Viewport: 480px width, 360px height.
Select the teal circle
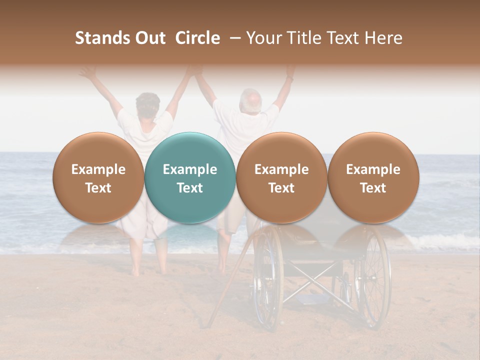190,178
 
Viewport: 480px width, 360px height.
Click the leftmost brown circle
98,178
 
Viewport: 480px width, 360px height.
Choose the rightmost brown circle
373,178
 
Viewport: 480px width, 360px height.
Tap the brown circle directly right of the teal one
281,178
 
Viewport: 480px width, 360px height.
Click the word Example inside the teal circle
190,169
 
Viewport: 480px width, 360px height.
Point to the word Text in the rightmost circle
373,188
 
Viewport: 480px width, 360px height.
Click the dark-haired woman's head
148,104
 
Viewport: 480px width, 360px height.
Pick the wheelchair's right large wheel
374,277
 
